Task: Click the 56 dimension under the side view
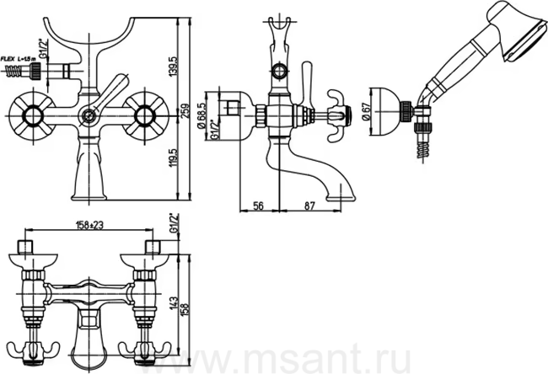tap(258, 205)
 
